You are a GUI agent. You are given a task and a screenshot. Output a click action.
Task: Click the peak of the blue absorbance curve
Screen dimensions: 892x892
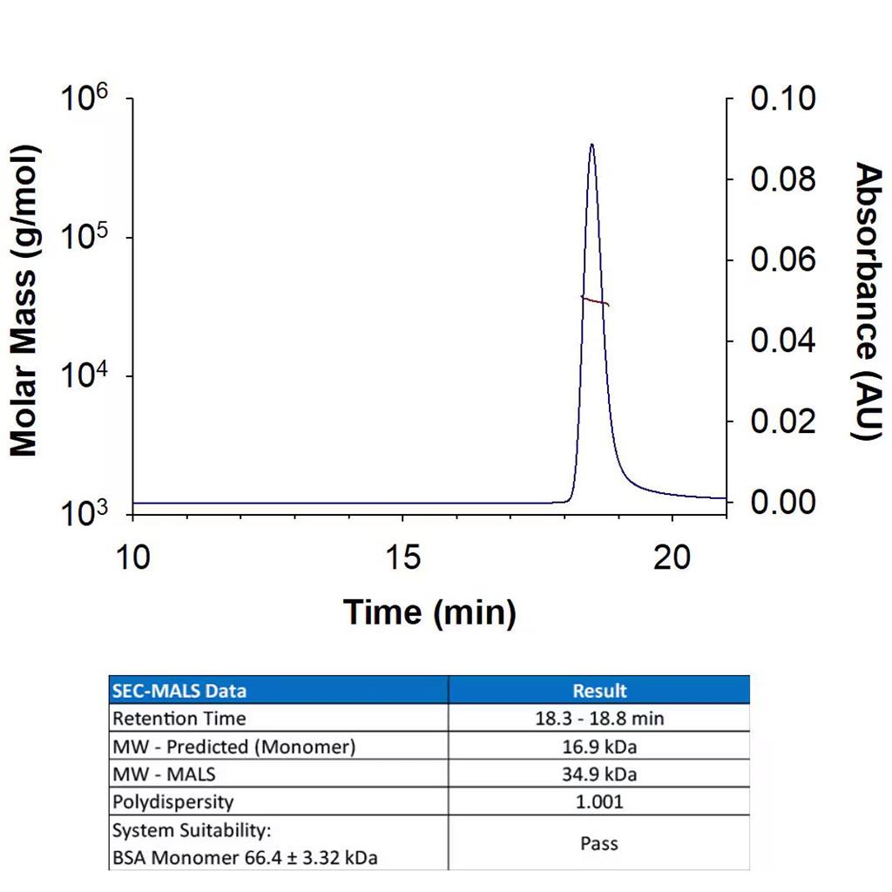click(x=591, y=145)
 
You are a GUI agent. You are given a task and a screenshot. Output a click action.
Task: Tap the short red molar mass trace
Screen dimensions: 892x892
click(x=595, y=301)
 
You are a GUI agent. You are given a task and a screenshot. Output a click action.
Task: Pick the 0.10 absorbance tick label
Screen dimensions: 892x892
click(x=783, y=98)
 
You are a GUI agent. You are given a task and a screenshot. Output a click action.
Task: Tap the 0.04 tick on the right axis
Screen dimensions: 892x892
click(x=783, y=341)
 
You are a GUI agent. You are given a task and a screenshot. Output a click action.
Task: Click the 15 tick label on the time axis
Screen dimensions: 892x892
click(x=402, y=557)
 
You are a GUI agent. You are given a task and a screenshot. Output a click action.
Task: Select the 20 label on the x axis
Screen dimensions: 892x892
click(x=672, y=557)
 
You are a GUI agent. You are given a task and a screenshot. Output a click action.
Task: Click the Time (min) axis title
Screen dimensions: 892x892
click(x=429, y=612)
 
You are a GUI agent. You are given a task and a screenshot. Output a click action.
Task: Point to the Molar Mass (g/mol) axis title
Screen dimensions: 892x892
click(x=24, y=301)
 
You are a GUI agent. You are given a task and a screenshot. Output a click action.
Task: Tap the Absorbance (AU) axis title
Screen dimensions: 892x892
click(x=867, y=301)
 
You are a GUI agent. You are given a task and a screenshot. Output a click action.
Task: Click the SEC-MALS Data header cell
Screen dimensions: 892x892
click(x=179, y=691)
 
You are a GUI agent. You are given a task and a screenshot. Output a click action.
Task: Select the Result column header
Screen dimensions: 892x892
click(x=599, y=691)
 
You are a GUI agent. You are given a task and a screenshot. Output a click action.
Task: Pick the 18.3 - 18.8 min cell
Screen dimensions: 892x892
click(x=599, y=719)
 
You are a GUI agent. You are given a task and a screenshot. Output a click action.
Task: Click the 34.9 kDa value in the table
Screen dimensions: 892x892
click(x=599, y=774)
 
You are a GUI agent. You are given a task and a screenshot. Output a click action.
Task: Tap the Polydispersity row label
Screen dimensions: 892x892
click(x=173, y=801)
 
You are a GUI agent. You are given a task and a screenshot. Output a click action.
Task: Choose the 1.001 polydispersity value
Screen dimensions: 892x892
click(x=599, y=801)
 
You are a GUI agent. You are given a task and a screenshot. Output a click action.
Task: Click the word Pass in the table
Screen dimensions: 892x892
click(x=599, y=843)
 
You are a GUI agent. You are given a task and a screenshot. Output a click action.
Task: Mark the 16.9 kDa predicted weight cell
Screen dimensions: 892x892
click(x=599, y=747)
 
